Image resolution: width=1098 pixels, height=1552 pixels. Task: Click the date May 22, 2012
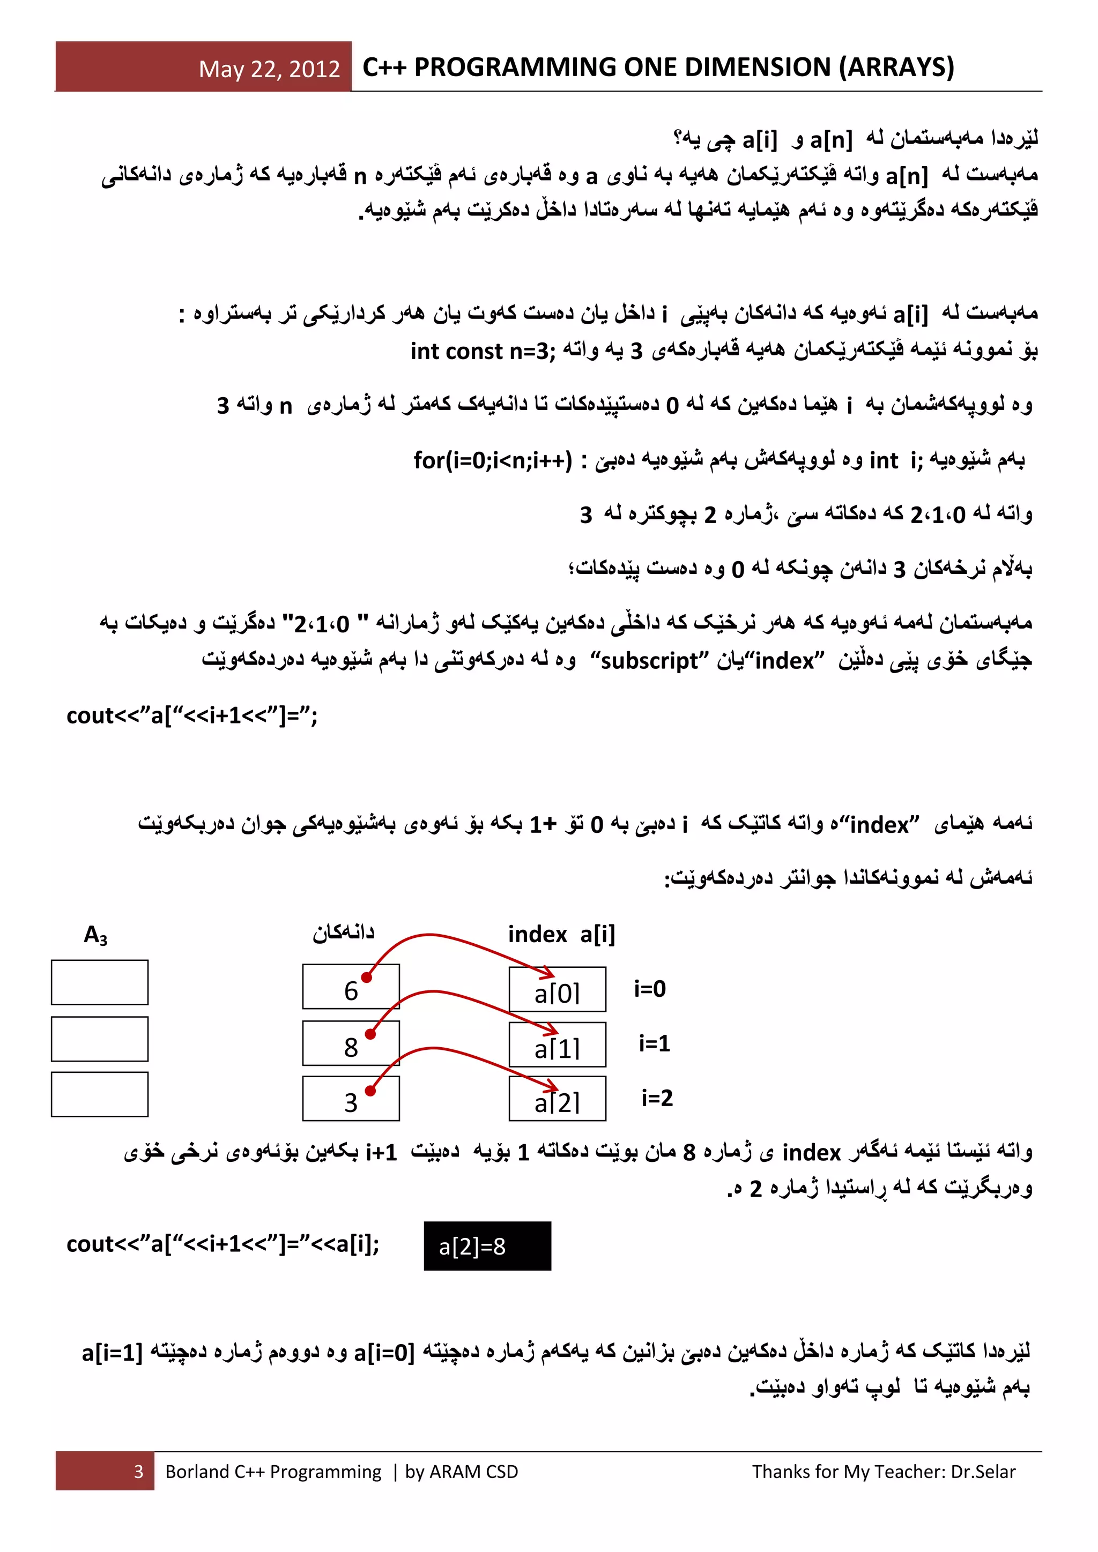(x=269, y=69)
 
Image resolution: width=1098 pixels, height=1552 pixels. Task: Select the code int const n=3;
(x=483, y=352)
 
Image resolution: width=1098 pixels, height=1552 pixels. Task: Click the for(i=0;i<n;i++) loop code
(x=493, y=460)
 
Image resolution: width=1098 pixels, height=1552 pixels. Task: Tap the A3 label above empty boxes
(x=95, y=935)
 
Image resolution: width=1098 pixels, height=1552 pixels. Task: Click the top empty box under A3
(x=99, y=982)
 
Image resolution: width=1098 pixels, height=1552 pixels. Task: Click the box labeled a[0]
(x=557, y=990)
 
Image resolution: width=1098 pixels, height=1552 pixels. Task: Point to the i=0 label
(x=650, y=989)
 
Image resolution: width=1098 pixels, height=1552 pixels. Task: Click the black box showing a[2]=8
(x=487, y=1247)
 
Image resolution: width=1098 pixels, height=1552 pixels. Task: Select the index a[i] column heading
(x=561, y=934)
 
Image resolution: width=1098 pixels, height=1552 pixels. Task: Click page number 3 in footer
(x=139, y=1472)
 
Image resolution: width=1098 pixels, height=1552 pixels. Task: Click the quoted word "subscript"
(x=650, y=660)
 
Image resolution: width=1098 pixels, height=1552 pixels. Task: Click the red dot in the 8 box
(x=370, y=1034)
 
